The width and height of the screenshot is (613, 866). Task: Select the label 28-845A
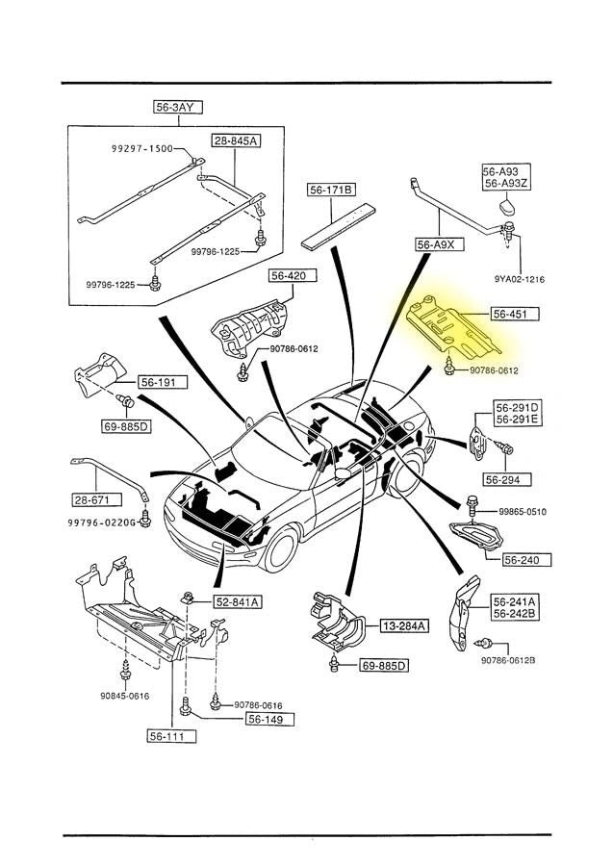[x=235, y=141]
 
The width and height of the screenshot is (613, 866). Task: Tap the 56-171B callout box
[x=332, y=191]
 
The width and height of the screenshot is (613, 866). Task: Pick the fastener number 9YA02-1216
[x=520, y=279]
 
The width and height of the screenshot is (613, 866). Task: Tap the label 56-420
[x=287, y=276]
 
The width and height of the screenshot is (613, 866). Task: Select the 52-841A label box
[x=239, y=601]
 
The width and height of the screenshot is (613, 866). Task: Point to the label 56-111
[x=171, y=736]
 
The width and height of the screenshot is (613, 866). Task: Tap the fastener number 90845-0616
[x=127, y=696]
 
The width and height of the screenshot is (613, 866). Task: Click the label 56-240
[x=521, y=557]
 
